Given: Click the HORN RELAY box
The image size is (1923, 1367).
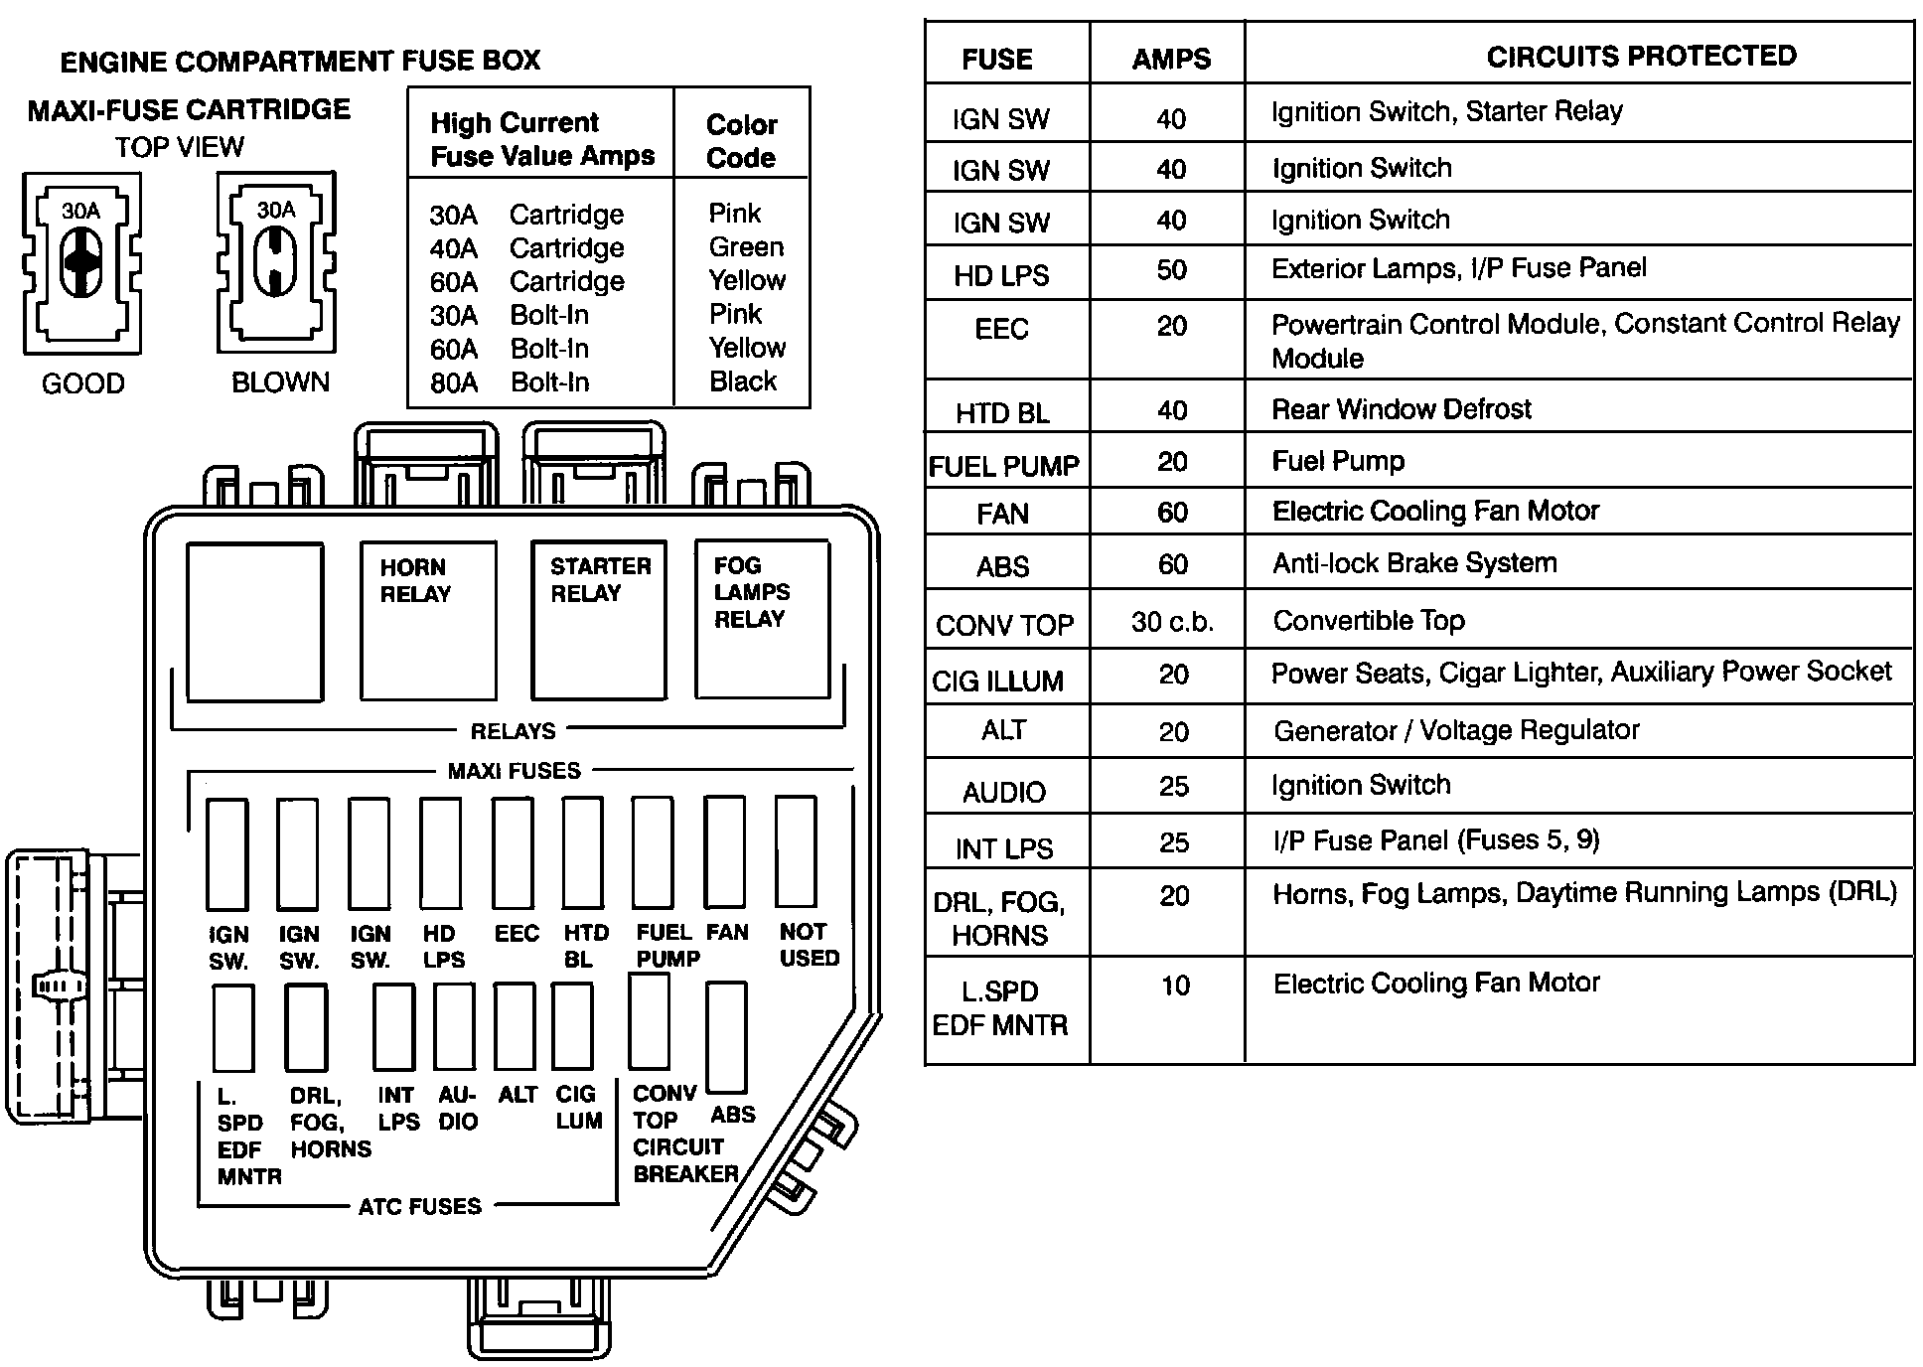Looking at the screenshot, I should tap(428, 620).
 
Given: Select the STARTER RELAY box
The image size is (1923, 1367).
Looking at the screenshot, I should tap(599, 620).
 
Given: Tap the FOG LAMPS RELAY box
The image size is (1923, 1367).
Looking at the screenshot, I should tap(762, 618).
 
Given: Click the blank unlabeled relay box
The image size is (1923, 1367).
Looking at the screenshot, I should tap(255, 622).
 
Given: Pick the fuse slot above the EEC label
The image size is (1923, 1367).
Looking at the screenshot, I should tap(514, 852).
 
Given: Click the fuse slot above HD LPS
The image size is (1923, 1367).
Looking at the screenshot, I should tap(441, 852).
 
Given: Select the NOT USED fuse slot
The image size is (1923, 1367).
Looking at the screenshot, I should tap(796, 850).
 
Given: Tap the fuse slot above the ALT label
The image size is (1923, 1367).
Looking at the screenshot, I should tap(516, 1027).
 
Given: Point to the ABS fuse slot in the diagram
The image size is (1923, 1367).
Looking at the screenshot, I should tap(727, 1037).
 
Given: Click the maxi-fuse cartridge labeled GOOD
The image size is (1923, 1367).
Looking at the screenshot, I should tap(82, 263).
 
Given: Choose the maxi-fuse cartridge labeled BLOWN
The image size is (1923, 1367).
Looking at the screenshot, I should tap(276, 263).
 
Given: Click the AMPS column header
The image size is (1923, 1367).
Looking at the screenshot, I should tap(1171, 59).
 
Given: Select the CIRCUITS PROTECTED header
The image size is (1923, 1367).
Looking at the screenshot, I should tap(1641, 56).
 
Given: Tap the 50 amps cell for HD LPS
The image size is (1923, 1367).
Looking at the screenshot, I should tap(1171, 270).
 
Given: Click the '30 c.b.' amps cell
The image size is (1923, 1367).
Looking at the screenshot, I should tap(1172, 622).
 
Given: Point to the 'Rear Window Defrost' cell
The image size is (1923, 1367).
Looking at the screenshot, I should tap(1402, 408).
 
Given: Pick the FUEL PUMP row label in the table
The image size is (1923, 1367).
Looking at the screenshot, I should tap(1003, 466).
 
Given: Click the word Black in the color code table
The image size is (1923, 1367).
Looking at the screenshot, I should tap(743, 381).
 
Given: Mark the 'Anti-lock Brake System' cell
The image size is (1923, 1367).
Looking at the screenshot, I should tap(1414, 563).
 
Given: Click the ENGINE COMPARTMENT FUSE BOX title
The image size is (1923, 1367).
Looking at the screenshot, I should tap(300, 61).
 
